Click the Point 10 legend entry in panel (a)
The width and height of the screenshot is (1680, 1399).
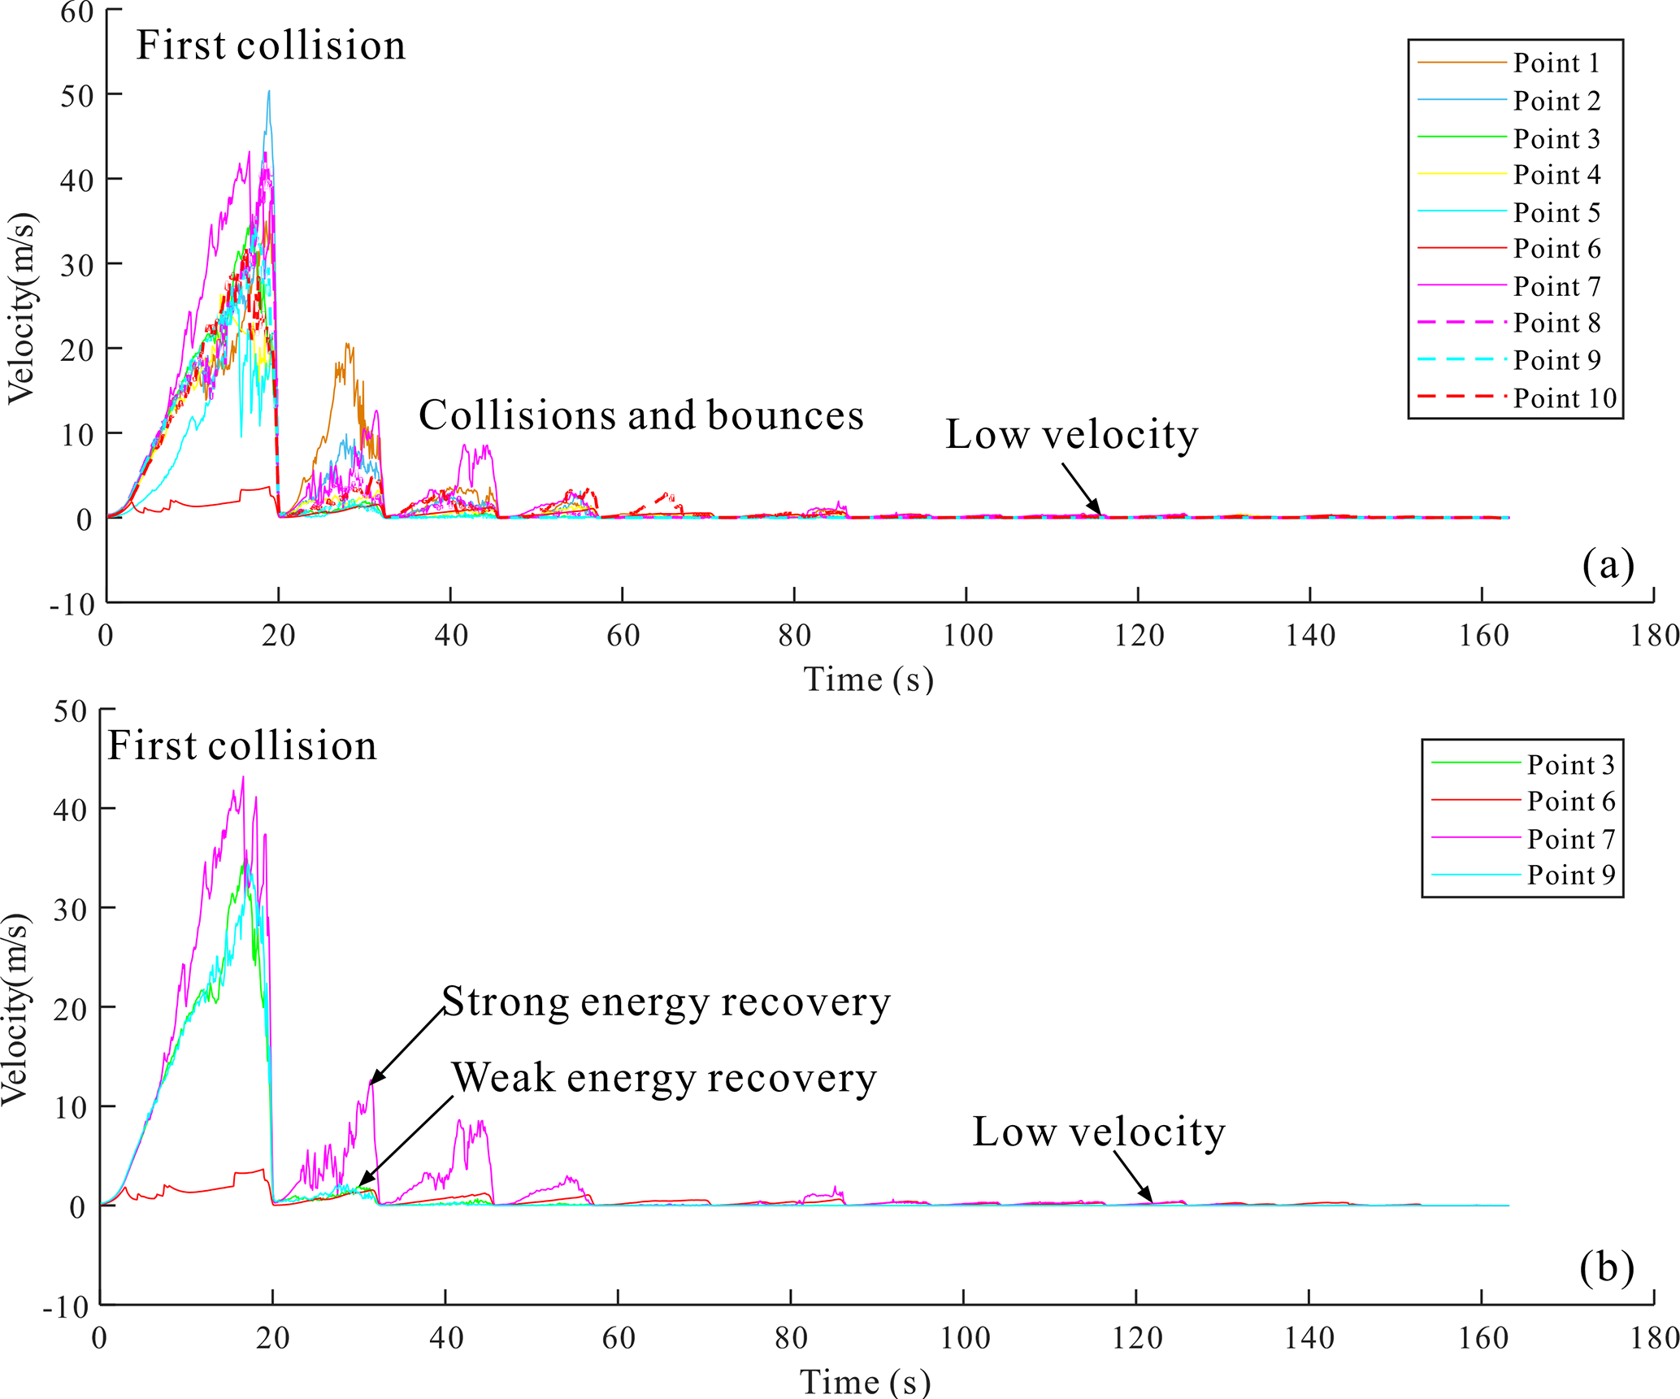pyautogui.click(x=1564, y=398)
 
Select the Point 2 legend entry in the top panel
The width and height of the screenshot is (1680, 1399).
pyautogui.click(x=1556, y=101)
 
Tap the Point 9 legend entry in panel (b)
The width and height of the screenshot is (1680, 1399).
pyautogui.click(x=1570, y=875)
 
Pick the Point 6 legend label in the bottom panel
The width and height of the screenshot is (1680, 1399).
pyautogui.click(x=1570, y=802)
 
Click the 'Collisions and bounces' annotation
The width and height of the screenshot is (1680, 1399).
pyautogui.click(x=640, y=415)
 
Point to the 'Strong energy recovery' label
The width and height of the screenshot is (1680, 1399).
pyautogui.click(x=666, y=1001)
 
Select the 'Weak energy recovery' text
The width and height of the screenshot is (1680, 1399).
pyautogui.click(x=664, y=1078)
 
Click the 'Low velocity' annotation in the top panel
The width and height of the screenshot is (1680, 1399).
pyautogui.click(x=1071, y=435)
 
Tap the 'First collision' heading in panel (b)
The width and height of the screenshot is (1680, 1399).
pyautogui.click(x=242, y=745)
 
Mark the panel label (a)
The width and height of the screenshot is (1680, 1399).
pyautogui.click(x=1607, y=564)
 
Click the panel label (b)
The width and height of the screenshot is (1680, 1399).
pyautogui.click(x=1606, y=1267)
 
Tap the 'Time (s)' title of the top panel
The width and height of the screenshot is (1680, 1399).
pyautogui.click(x=868, y=680)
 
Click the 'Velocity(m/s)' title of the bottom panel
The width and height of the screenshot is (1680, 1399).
pyautogui.click(x=16, y=1008)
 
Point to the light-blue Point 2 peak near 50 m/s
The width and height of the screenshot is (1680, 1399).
pyautogui.click(x=269, y=92)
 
